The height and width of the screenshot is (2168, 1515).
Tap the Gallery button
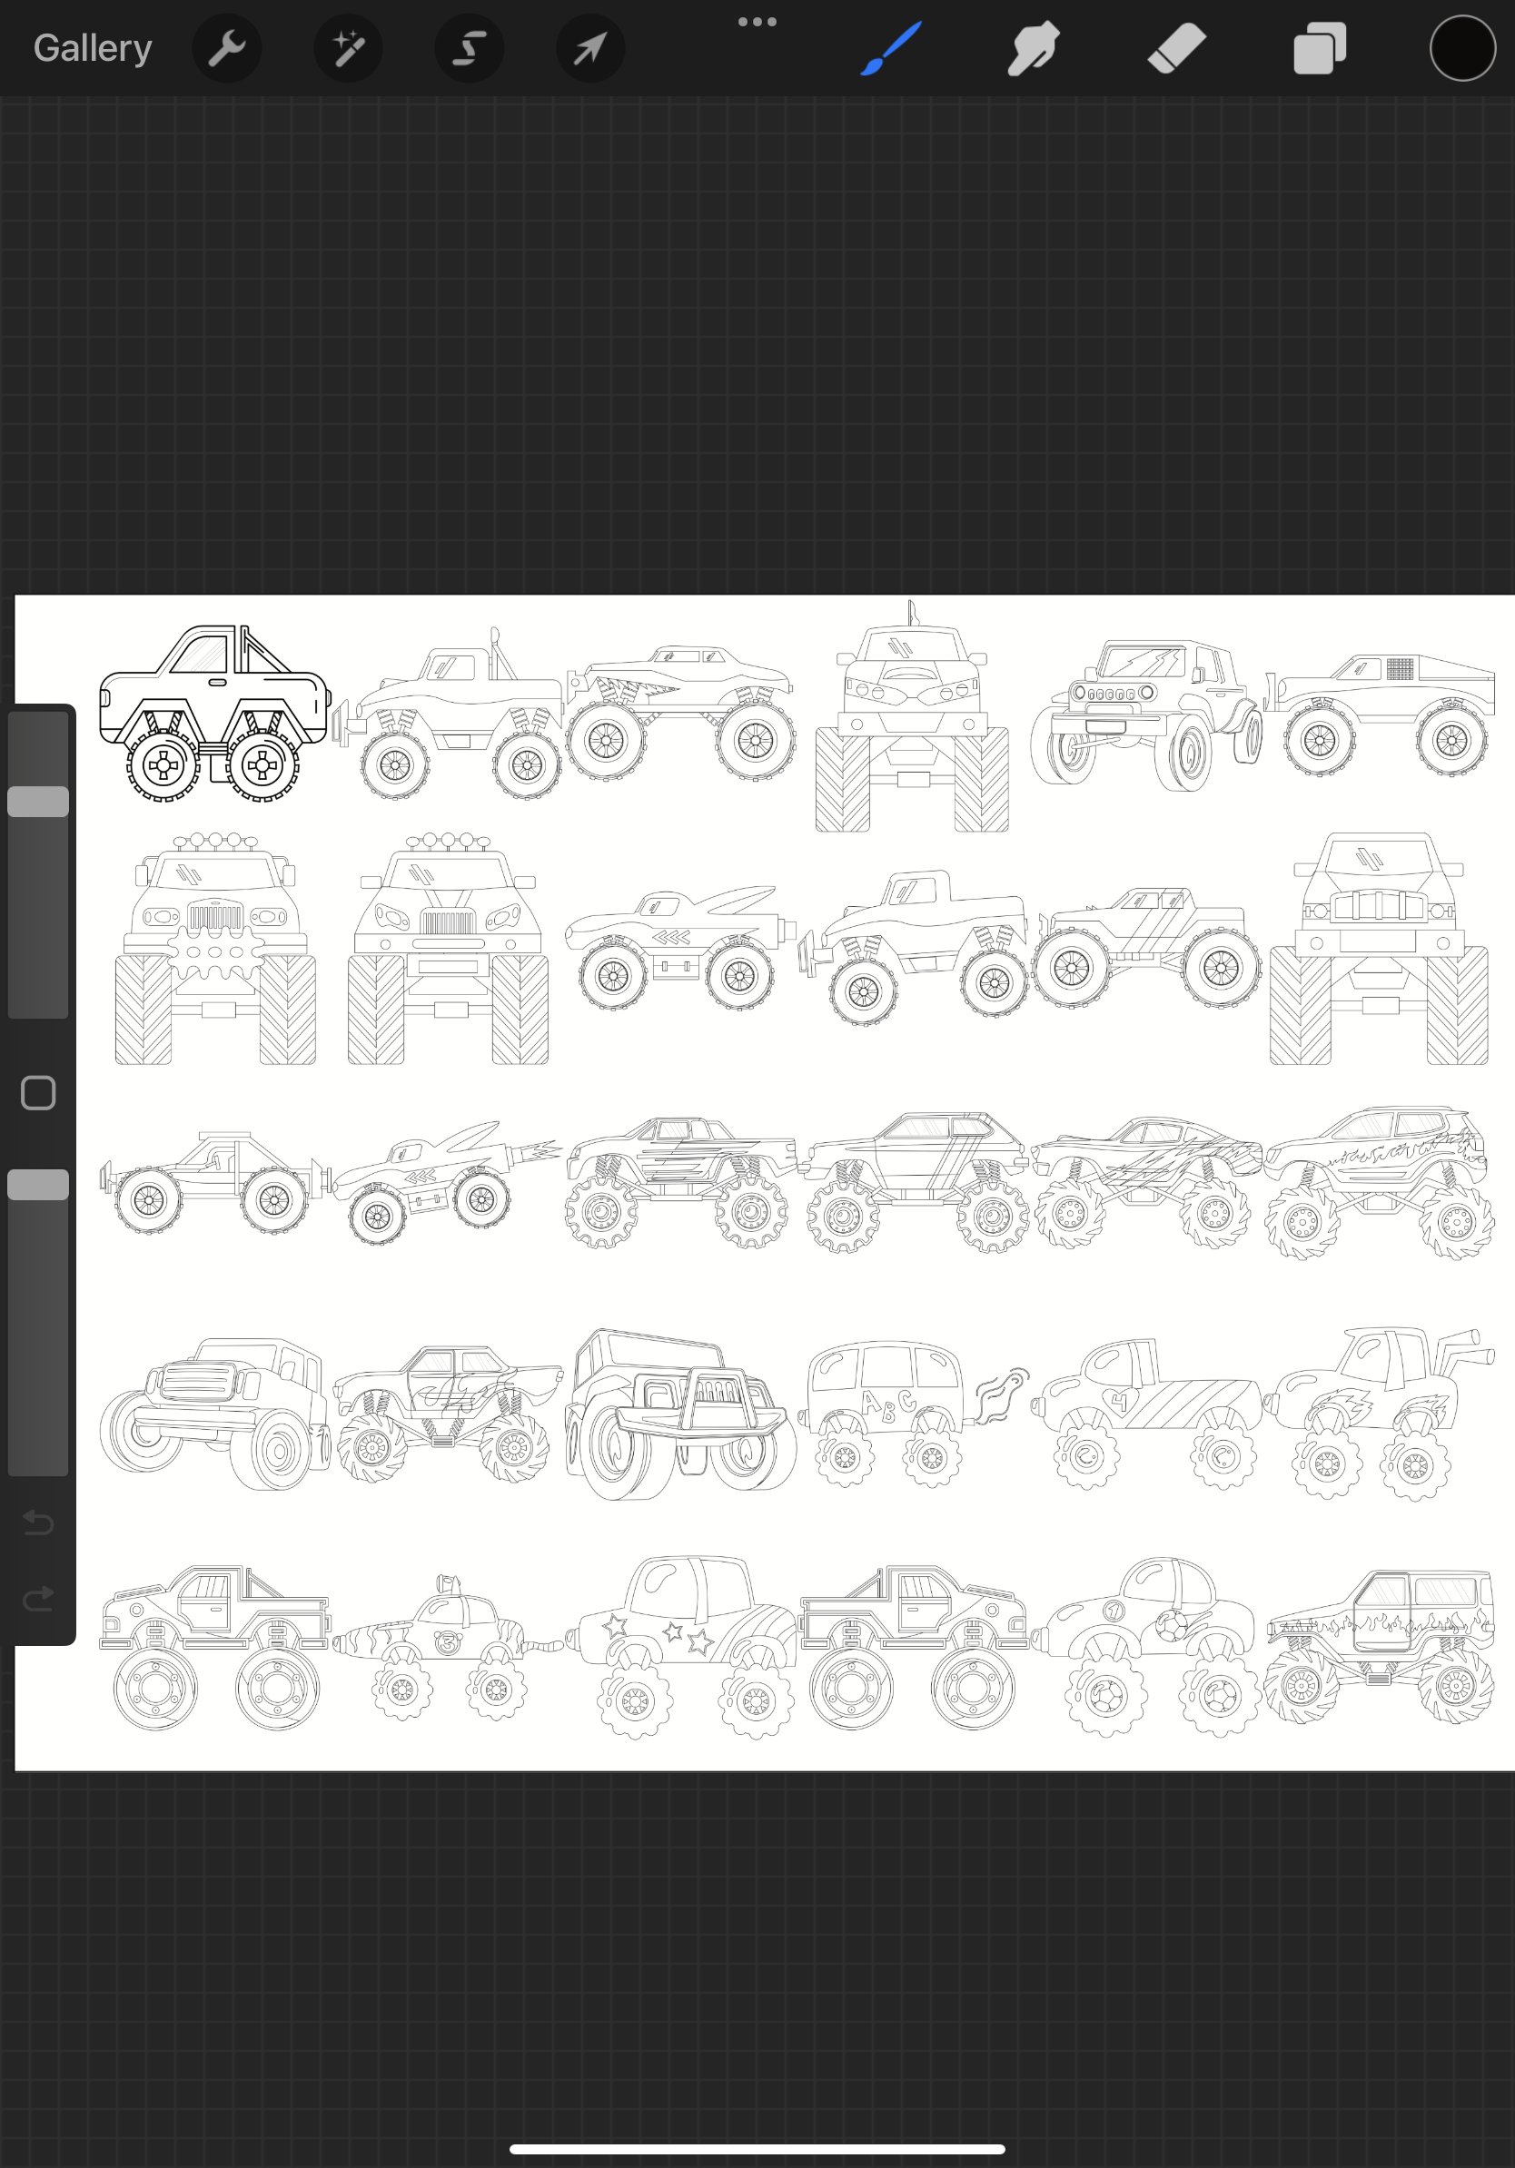pos(93,48)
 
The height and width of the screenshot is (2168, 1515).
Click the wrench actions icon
pos(227,48)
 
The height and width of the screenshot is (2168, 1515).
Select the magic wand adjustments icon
pos(348,48)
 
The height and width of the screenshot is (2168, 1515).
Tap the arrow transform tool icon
pos(590,48)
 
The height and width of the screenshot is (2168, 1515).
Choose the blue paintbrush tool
pos(890,48)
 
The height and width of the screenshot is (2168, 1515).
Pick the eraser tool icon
pos(1177,48)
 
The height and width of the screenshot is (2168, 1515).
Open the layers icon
pos(1320,48)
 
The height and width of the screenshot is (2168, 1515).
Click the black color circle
pos(1462,48)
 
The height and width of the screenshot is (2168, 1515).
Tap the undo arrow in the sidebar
pos(38,1523)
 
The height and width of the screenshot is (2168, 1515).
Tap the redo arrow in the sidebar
pos(38,1599)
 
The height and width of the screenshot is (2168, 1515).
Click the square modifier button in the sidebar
pos(38,1092)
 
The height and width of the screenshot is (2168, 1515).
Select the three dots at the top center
pos(757,22)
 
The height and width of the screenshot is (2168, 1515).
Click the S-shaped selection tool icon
pos(469,48)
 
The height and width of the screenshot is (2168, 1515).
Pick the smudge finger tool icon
pos(1033,48)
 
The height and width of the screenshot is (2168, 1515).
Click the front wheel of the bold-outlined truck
pos(262,764)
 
